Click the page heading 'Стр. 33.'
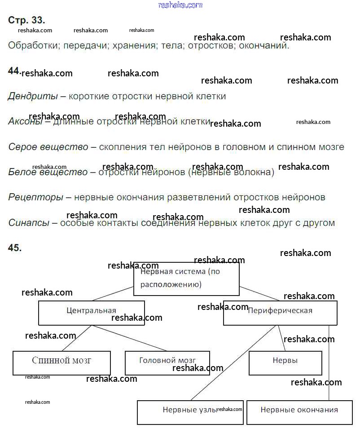(26, 20)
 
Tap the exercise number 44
(14, 71)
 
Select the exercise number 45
(15, 247)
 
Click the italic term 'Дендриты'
(33, 97)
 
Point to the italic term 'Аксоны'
(25, 121)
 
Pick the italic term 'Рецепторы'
(36, 198)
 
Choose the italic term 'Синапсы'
(29, 223)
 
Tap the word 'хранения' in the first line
(135, 46)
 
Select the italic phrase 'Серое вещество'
(48, 147)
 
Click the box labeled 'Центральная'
(92, 313)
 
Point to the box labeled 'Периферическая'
(280, 313)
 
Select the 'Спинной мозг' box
(61, 363)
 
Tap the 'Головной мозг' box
(167, 363)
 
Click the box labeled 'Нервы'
(285, 363)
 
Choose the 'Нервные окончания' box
(299, 412)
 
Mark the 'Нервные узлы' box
(190, 412)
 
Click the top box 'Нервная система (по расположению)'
(186, 279)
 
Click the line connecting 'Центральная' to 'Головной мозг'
(129, 338)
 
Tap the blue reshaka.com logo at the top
(180, 5)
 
